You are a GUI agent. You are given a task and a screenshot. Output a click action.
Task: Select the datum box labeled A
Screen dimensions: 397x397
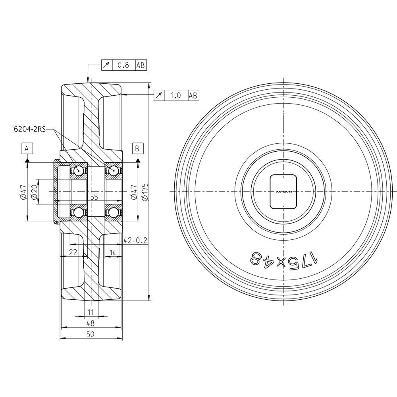coord(27,148)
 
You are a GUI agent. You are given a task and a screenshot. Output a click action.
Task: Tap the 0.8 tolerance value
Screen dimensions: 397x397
coord(124,65)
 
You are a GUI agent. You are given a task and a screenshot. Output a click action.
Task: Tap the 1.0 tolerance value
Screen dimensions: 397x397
coord(175,95)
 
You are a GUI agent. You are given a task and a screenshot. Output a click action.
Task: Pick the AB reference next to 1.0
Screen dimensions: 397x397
coord(193,95)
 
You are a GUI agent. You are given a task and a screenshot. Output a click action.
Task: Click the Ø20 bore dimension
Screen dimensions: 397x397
coord(35,192)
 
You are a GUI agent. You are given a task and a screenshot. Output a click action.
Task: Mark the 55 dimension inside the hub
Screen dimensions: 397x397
coord(94,197)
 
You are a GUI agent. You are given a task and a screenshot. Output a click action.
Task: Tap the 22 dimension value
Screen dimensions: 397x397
coord(73,252)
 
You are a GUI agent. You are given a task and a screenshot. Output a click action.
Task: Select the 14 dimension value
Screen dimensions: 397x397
coord(113,252)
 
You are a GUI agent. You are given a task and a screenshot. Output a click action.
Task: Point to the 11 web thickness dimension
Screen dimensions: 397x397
coord(91,312)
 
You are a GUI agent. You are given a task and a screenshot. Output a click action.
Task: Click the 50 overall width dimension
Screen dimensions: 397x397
coord(91,334)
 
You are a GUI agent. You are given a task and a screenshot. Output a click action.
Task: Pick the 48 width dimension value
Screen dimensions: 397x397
coord(91,323)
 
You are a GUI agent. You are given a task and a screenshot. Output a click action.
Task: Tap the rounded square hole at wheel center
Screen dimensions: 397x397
coord(283,191)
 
